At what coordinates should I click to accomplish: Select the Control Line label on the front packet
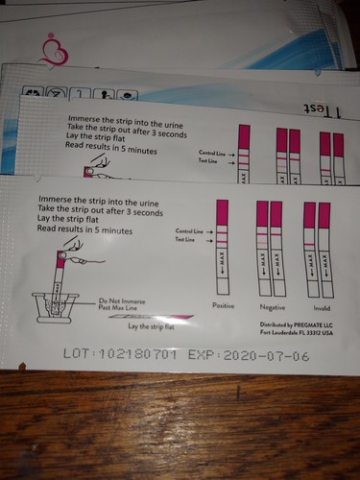(191, 231)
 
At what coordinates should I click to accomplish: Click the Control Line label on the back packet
(211, 153)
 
